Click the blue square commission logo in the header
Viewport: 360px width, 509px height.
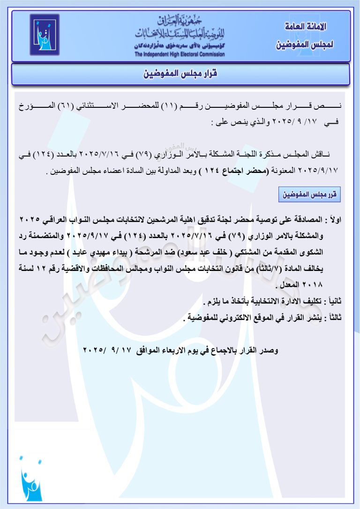pos(45,35)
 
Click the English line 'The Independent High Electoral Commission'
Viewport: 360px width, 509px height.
pos(180,54)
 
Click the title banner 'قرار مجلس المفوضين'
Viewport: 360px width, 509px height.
pos(180,74)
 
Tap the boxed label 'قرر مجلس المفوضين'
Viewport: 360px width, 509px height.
pos(309,194)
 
